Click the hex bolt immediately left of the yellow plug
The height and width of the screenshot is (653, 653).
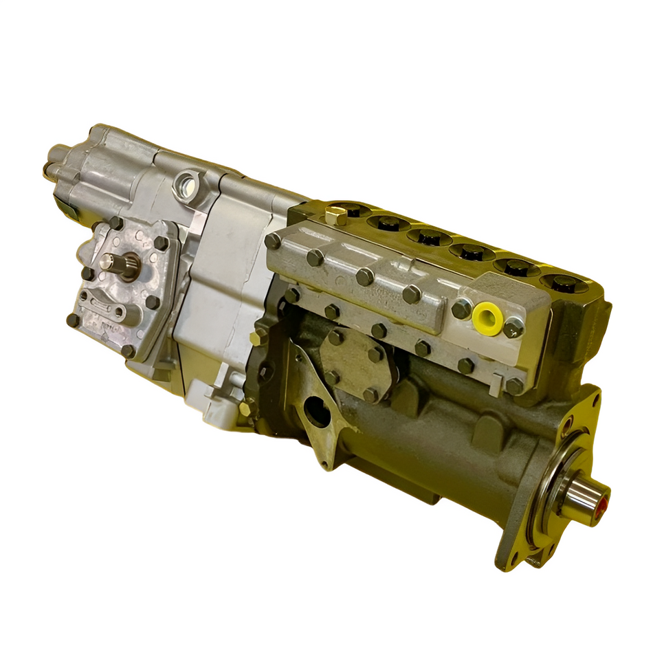click(461, 310)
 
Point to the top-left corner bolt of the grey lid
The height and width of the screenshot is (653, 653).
click(274, 241)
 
